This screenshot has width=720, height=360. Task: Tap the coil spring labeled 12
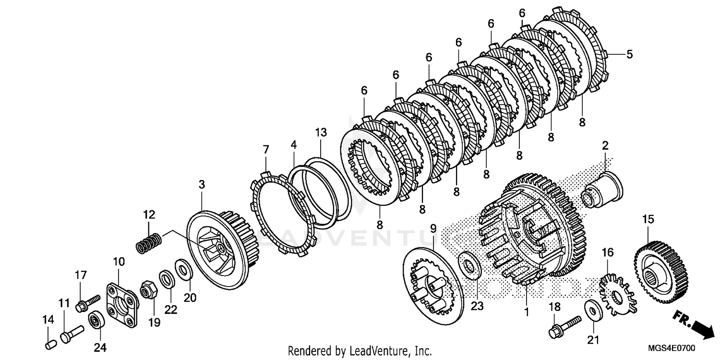(x=149, y=243)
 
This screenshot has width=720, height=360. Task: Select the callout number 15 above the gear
(x=648, y=219)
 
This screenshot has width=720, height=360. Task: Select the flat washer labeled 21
(x=591, y=311)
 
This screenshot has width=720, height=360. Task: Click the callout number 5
(x=629, y=54)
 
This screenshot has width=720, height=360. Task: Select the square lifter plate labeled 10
(x=120, y=301)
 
